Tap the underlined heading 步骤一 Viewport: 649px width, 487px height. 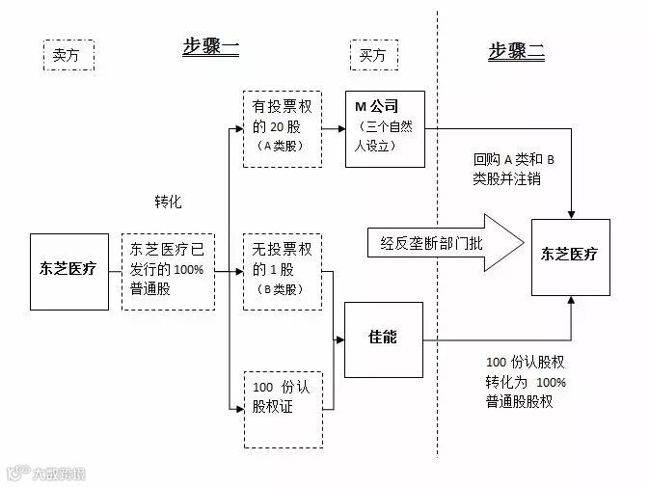tap(211, 48)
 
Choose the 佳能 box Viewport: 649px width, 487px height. tap(383, 338)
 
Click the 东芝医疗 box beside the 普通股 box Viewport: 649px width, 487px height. tap(69, 270)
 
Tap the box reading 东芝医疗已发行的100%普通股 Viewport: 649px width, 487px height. tap(168, 271)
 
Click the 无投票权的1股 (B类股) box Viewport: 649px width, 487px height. tap(282, 270)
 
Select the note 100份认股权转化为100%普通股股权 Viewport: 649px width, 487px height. tap(527, 382)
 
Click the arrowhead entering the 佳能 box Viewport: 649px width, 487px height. tap(339, 338)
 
